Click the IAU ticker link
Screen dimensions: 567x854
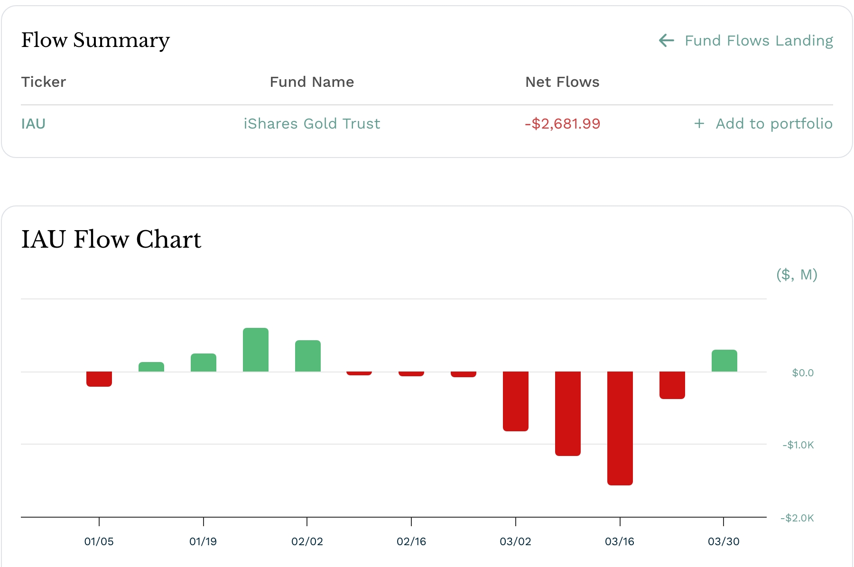coord(33,124)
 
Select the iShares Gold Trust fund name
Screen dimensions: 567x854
coord(312,124)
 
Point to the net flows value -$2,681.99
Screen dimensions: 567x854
coord(562,124)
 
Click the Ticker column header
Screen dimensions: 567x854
coord(44,82)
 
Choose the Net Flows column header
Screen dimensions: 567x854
coord(562,82)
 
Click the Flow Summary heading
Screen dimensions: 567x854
coord(95,40)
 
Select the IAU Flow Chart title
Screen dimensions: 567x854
coord(111,239)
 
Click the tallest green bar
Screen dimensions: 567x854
coord(256,350)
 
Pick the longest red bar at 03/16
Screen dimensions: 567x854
coord(620,428)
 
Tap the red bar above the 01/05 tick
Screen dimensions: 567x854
coord(99,379)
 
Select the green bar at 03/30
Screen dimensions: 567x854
coord(724,361)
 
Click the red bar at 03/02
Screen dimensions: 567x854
coord(516,401)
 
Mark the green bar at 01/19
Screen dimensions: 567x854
coord(204,363)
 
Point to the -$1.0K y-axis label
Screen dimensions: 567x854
coord(798,445)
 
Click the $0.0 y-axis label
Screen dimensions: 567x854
coord(803,373)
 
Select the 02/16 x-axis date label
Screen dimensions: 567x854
coord(411,541)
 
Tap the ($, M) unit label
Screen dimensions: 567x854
coord(797,275)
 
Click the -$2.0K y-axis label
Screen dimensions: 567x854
coord(797,518)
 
